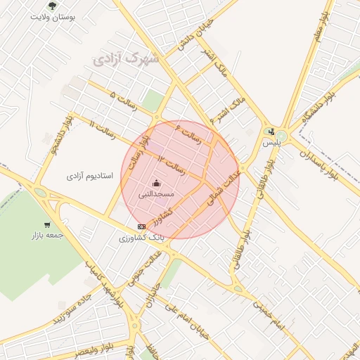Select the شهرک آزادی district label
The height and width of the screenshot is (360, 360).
[x=126, y=60]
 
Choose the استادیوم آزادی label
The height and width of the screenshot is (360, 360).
[x=96, y=176]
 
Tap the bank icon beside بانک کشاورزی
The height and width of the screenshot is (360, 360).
[x=141, y=226]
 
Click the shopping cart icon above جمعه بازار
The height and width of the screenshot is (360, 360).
[x=46, y=225]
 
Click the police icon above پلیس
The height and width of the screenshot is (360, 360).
[x=271, y=131]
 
